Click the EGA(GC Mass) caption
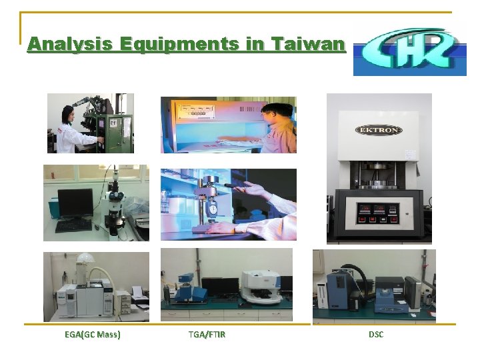93,334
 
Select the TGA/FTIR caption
207,334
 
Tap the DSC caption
376,334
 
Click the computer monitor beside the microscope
75,203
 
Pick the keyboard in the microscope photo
73,226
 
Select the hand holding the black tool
253,191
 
